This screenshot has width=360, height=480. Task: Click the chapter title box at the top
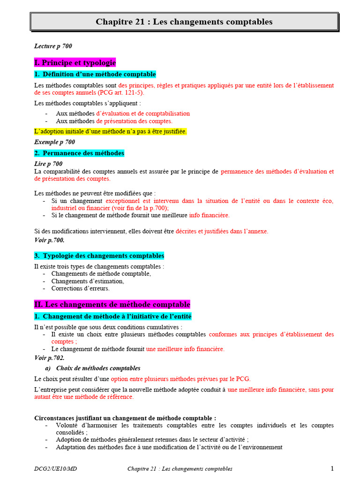click(184, 22)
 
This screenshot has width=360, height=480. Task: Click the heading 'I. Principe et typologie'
click(75, 63)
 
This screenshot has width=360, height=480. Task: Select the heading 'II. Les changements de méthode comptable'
click(112, 305)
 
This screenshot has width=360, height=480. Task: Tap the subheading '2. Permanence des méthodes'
click(79, 153)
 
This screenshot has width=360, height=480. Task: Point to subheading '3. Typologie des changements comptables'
click(99, 256)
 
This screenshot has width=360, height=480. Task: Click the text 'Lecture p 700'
click(53, 46)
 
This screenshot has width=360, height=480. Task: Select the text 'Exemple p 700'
click(54, 142)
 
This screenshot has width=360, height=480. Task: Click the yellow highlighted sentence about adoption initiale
click(111, 132)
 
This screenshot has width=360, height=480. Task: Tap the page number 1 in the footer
click(332, 469)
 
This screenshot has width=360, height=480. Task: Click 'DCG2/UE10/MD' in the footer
click(55, 469)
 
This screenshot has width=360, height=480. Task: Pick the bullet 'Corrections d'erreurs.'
click(81, 289)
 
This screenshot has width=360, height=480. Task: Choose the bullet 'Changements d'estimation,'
click(88, 281)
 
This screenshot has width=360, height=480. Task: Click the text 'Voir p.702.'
click(49, 358)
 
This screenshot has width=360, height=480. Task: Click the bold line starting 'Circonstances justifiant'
click(126, 418)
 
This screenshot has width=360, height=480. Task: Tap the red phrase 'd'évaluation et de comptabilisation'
click(143, 113)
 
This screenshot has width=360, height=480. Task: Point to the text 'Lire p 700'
click(48, 164)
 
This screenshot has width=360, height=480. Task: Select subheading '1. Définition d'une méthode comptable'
click(95, 75)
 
